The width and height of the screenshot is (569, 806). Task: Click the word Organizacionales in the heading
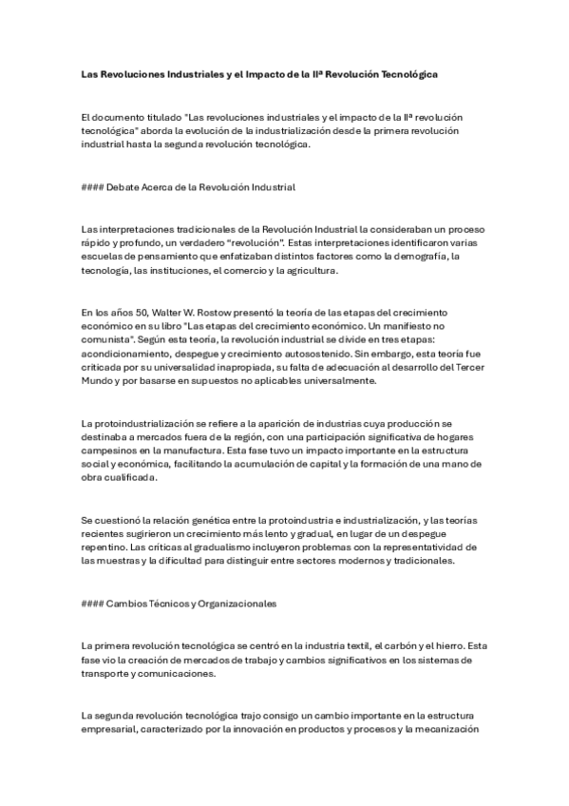click(x=232, y=603)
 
